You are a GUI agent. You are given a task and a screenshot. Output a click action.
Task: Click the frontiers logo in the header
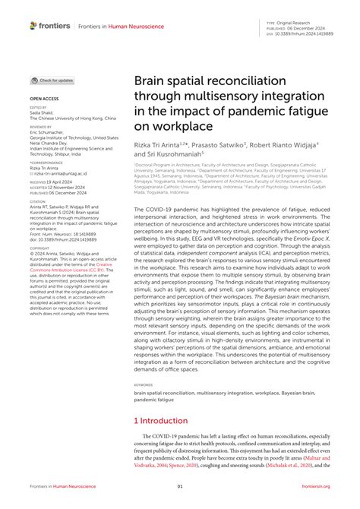click(x=50, y=26)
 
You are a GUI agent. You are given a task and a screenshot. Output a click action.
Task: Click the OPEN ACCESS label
click(x=44, y=100)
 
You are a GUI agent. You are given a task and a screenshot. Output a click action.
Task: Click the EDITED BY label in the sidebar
click(x=37, y=108)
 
